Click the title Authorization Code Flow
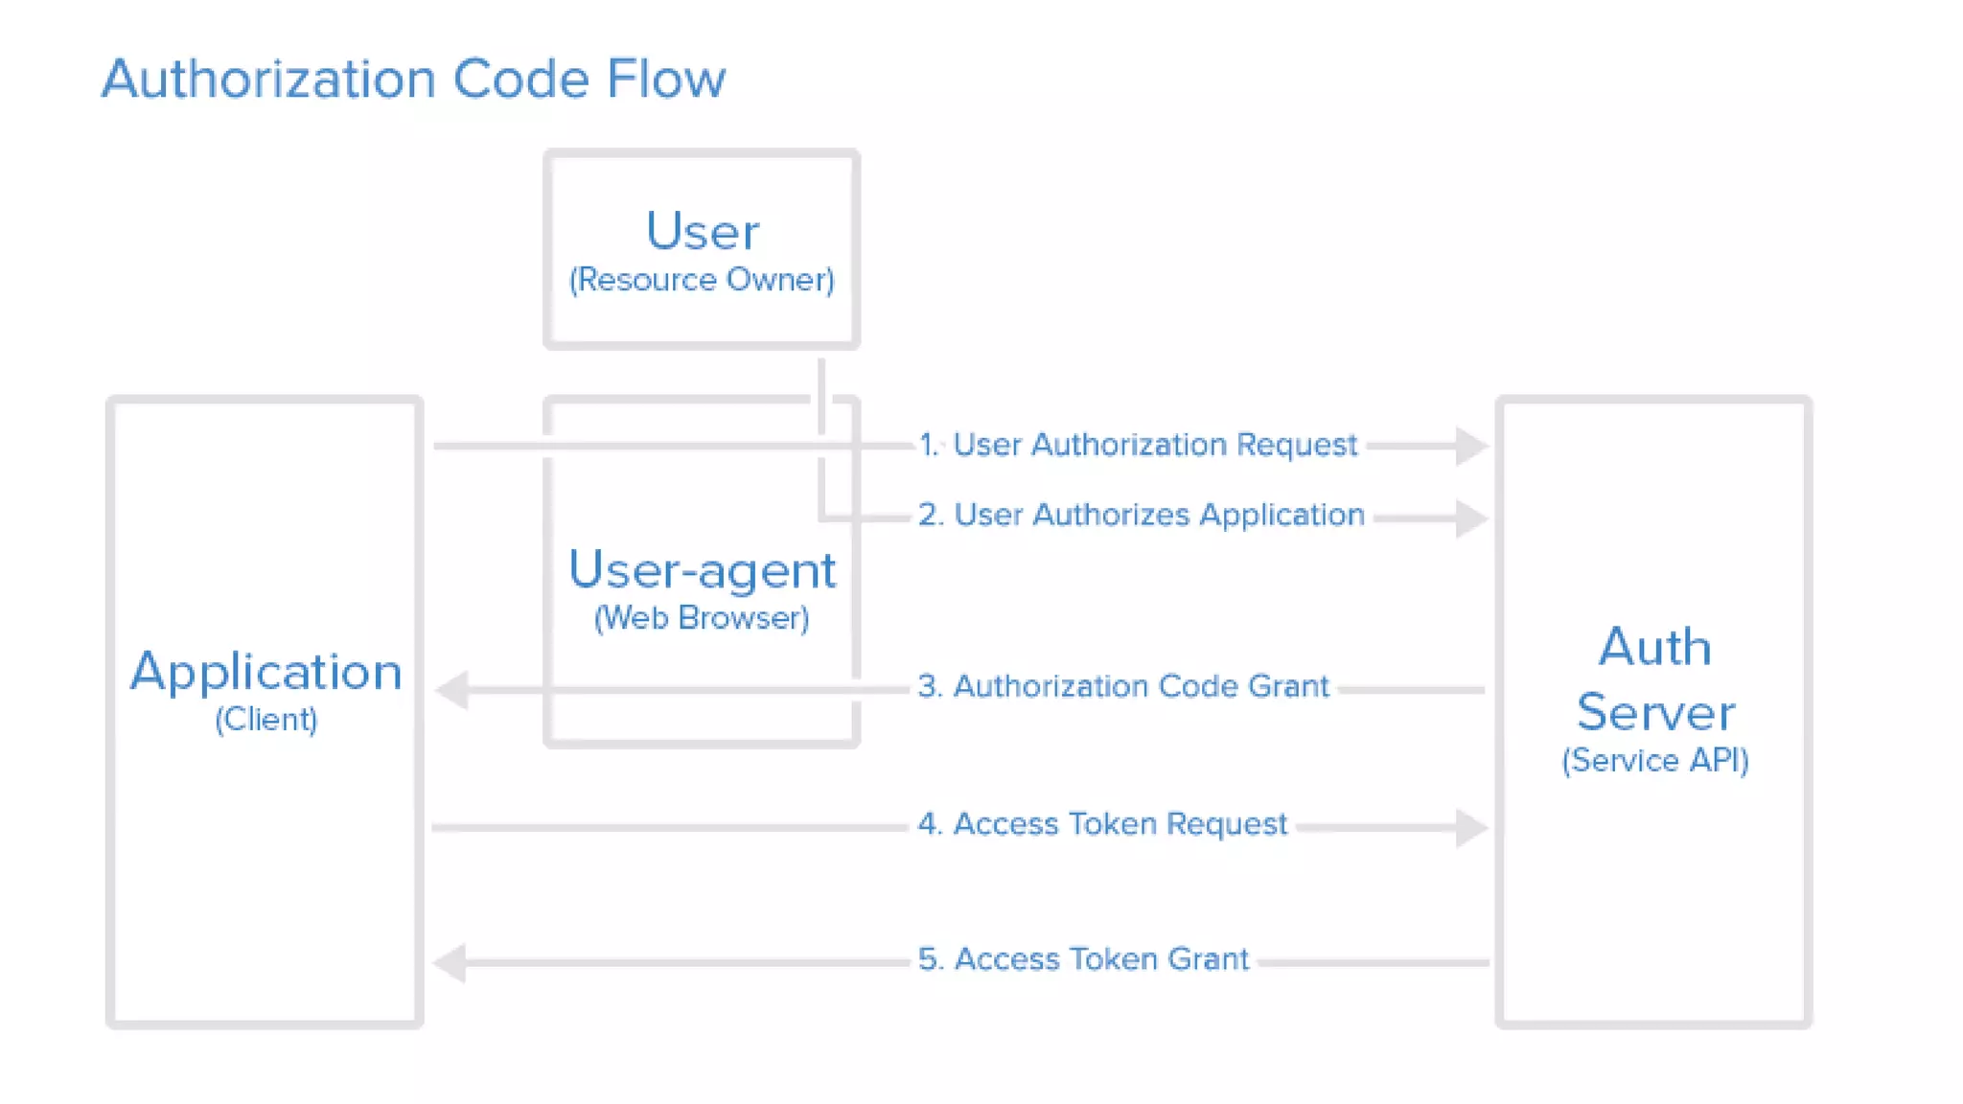pos(413,79)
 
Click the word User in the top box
pos(702,231)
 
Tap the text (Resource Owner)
pos(702,280)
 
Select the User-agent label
pos(702,570)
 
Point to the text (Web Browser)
pos(702,618)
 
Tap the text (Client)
pos(266,720)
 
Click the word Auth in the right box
pos(1654,647)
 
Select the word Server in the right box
pos(1654,712)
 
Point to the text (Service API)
pos(1654,761)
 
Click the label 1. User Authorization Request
pos(1138,445)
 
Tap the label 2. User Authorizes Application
pos(1141,515)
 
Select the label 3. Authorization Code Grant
pos(1122,686)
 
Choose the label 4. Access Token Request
pos(1101,824)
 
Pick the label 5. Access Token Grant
pos(1083,959)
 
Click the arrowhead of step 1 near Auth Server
pos(1469,446)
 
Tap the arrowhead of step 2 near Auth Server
pos(1469,518)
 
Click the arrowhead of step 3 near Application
pos(452,690)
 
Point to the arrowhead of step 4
pos(1469,827)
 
